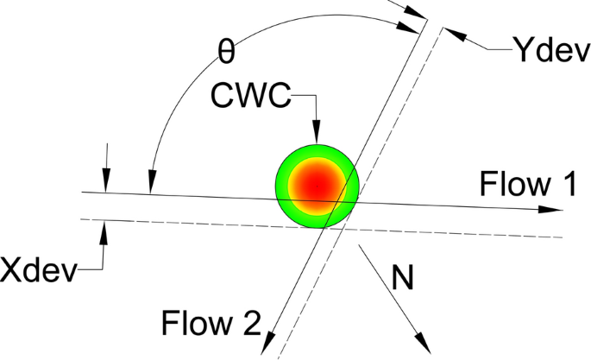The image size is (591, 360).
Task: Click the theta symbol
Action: [225, 53]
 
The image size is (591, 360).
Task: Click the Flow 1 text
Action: [525, 184]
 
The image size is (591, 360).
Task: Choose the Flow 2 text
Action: [210, 323]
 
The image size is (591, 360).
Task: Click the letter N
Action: [400, 276]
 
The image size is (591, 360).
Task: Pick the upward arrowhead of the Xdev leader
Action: [104, 229]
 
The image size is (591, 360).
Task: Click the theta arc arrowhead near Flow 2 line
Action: [415, 26]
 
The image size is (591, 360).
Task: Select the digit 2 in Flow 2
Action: [248, 323]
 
